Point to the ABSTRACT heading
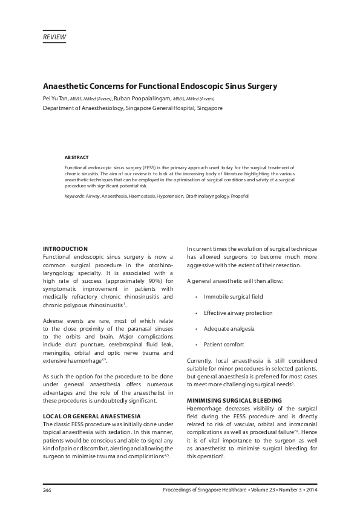76,157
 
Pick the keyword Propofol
238,196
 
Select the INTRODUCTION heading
65,248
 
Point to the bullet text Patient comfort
224,344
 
